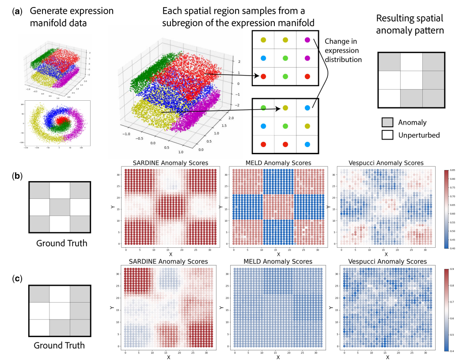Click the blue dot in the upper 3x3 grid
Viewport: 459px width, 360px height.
coord(263,58)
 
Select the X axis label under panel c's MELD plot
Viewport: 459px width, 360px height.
coord(277,356)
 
